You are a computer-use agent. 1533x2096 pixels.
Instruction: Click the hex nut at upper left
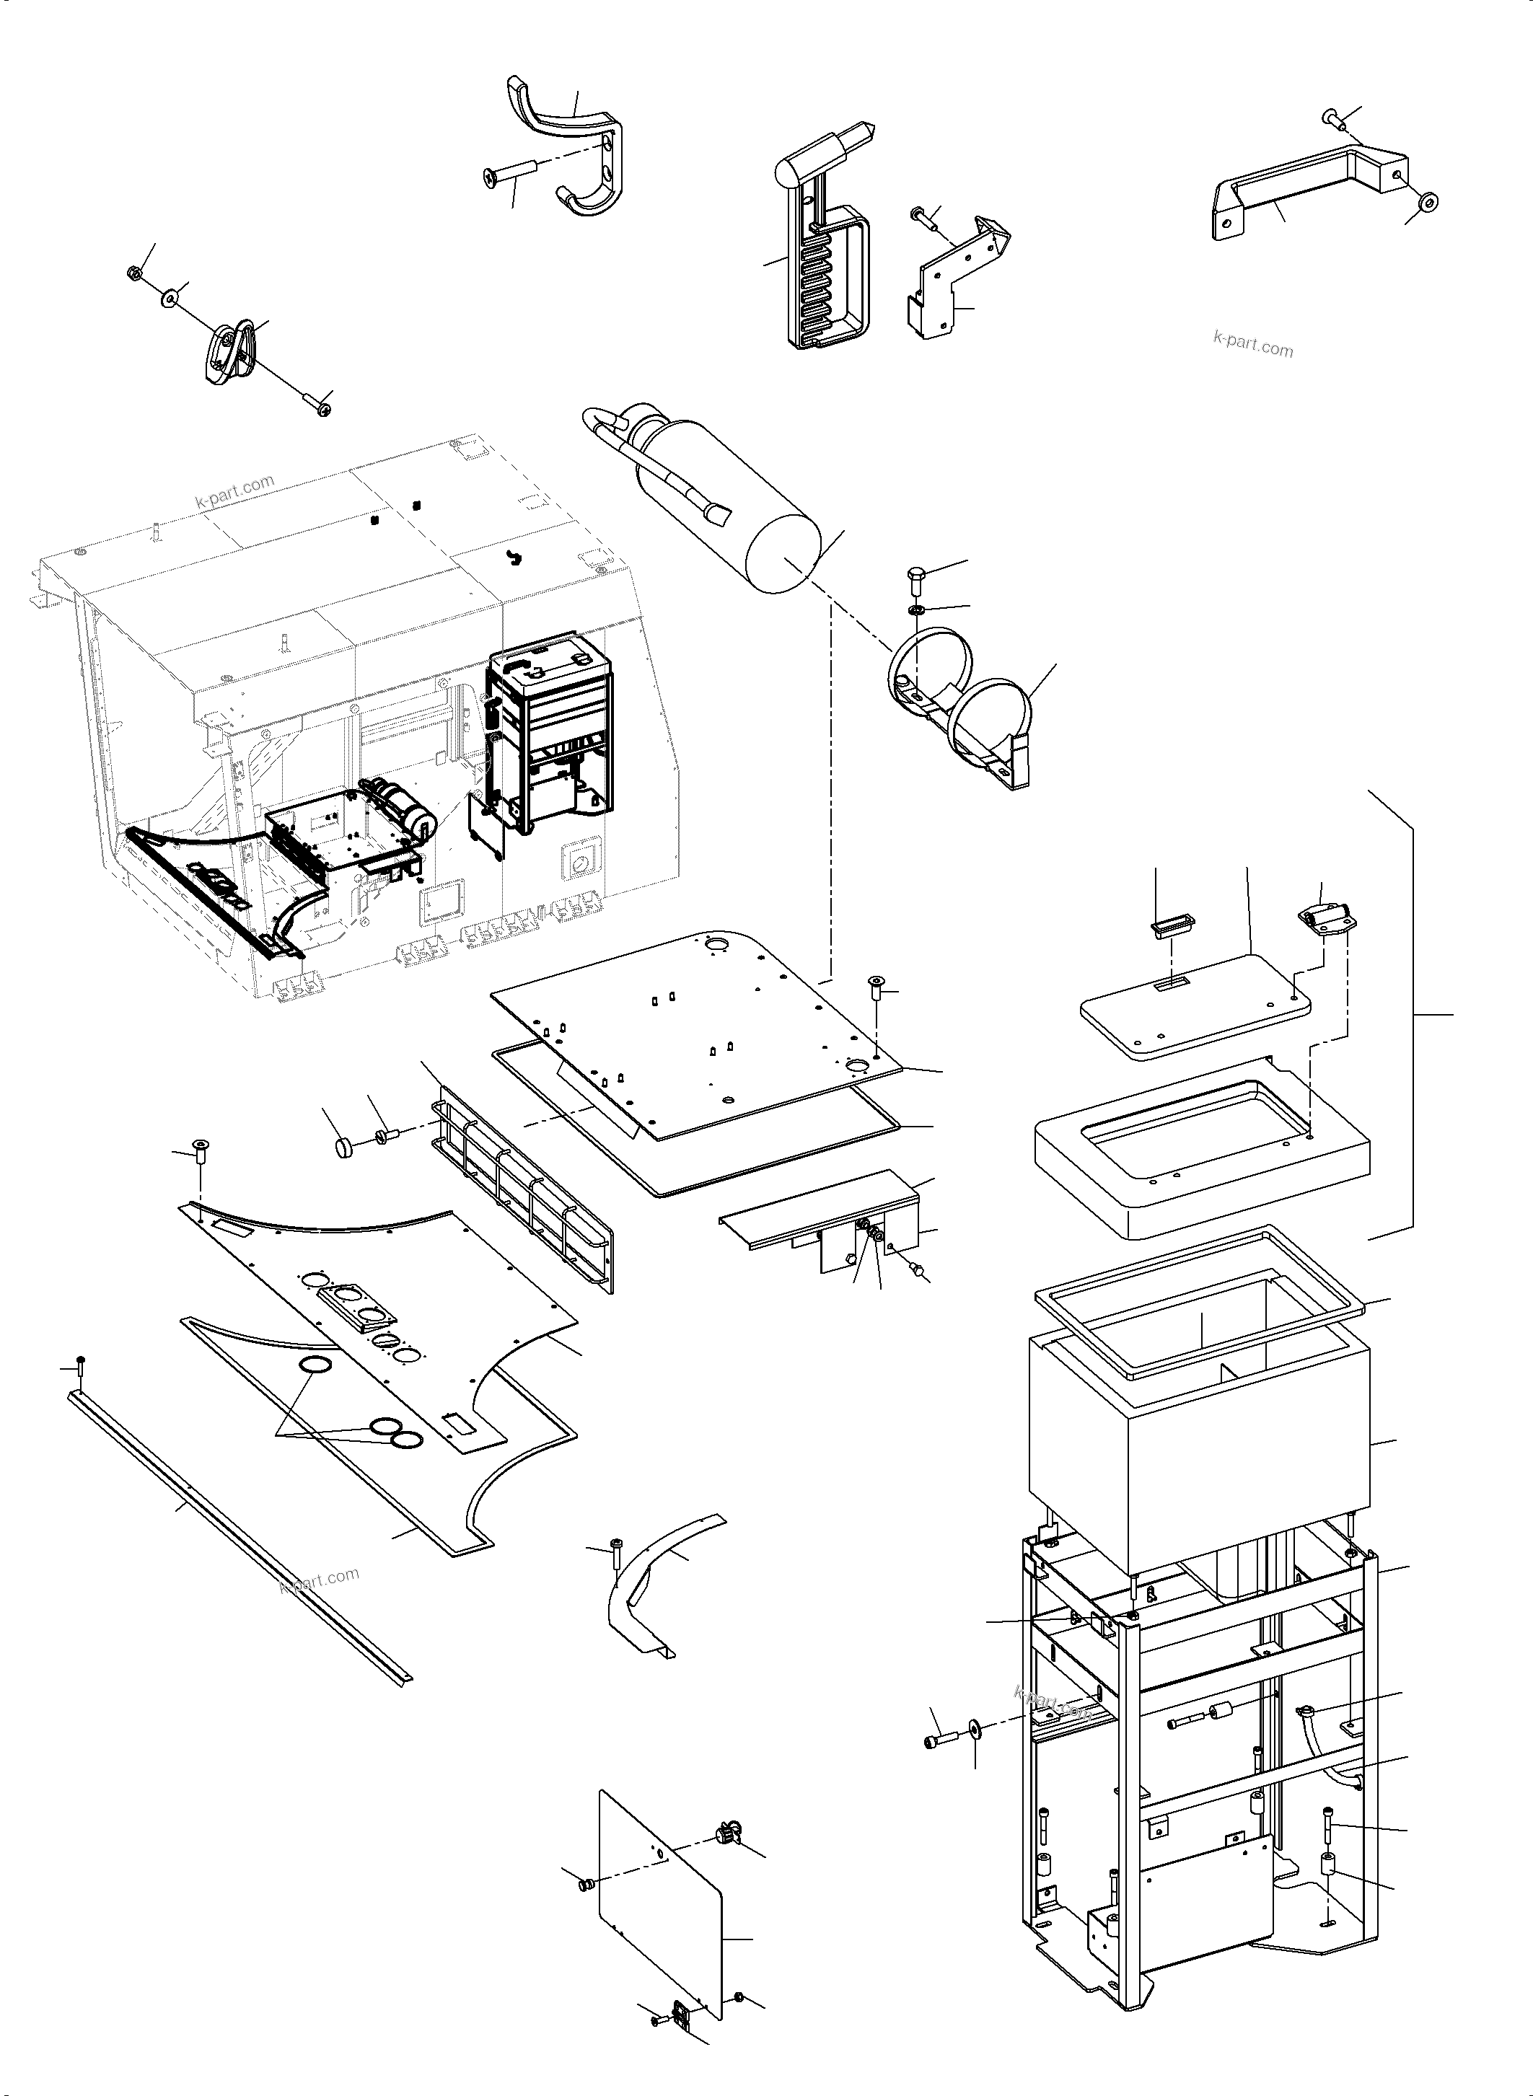(x=133, y=273)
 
